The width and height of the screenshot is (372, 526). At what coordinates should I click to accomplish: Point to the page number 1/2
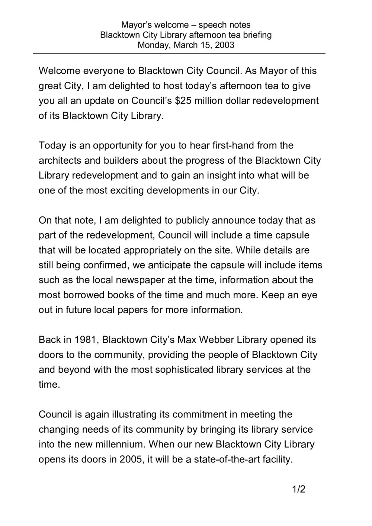[299, 489]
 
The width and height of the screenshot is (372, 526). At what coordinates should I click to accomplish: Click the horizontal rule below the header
[179, 54]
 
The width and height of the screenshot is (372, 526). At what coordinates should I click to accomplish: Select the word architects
[60, 160]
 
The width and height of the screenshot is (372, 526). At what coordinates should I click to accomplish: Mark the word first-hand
[233, 145]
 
